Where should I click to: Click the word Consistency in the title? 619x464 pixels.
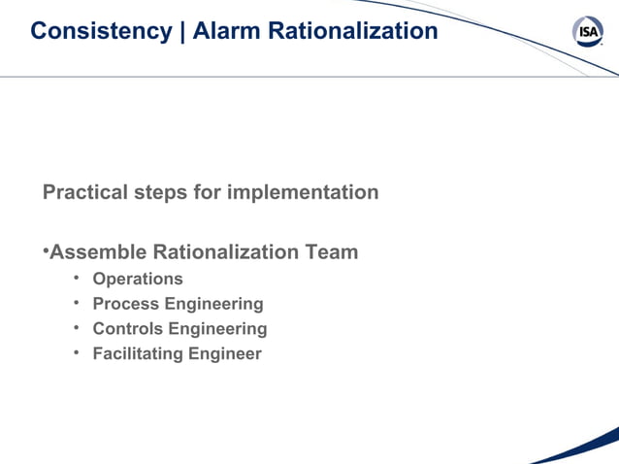pos(100,31)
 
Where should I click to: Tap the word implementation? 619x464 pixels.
pos(303,192)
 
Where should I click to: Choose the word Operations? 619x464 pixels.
pos(137,280)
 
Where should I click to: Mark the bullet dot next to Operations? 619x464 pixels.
pos(77,280)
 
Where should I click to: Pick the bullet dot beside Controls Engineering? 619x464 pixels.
pos(77,329)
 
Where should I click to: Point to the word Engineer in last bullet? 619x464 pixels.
pos(224,354)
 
